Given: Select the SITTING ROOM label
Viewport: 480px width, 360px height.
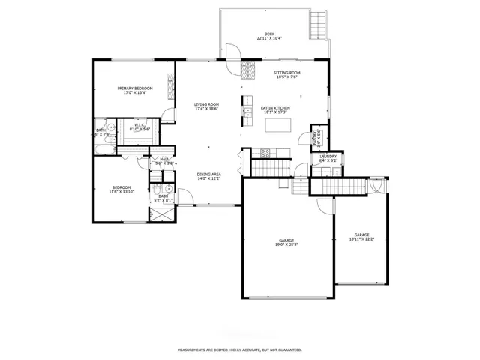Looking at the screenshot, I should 286,73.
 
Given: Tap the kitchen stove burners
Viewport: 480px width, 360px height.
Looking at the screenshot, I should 265,152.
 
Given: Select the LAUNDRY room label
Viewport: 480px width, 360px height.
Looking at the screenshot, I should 328,157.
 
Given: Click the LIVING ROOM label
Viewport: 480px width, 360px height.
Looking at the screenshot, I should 206,104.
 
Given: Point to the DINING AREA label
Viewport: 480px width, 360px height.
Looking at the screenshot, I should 208,176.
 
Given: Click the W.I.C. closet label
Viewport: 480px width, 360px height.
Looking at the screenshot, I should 139,126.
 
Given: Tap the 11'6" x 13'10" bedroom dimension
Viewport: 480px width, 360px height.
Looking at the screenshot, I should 121,192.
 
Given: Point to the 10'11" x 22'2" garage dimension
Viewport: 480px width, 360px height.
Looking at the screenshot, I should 361,239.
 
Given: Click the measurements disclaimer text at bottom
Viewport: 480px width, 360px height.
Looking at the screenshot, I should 239,349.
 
